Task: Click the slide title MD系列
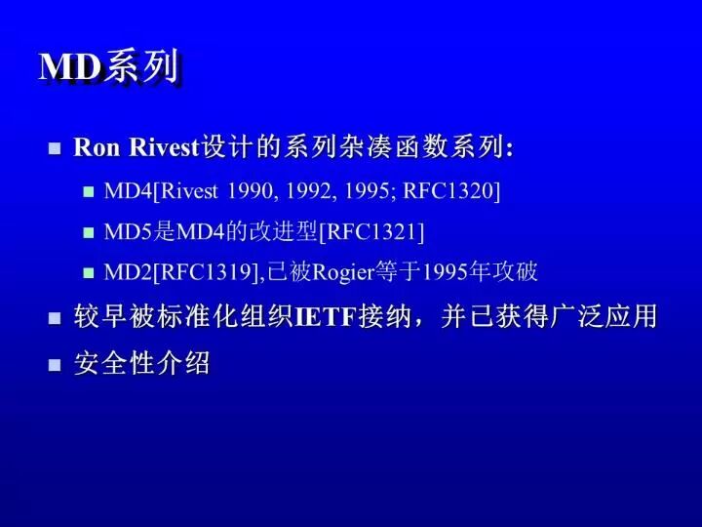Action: (x=110, y=66)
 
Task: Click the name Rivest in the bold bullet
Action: (x=164, y=146)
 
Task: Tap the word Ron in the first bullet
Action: (x=97, y=147)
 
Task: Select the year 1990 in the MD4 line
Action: (x=250, y=191)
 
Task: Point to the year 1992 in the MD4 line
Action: (x=308, y=191)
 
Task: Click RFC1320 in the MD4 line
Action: (x=448, y=190)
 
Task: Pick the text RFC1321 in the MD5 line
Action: (x=371, y=231)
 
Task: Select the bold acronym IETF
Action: (x=327, y=316)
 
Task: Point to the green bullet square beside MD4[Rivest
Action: (x=89, y=192)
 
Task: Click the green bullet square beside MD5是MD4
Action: (x=89, y=232)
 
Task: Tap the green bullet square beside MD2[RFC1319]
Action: (x=89, y=273)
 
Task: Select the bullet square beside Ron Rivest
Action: (x=55, y=148)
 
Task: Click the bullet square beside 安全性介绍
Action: (x=55, y=365)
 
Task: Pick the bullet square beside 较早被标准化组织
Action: (x=55, y=318)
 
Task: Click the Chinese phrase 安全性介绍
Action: (x=142, y=362)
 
